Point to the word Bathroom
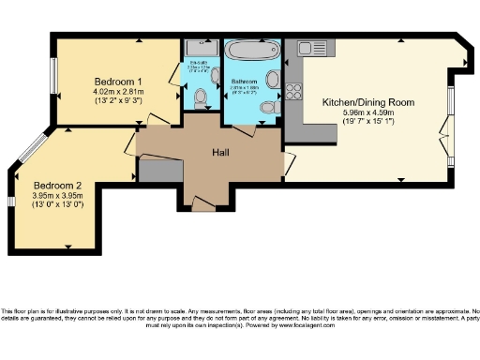pos(247,82)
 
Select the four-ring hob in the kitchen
pos(293,91)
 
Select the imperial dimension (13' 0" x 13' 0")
pos(58,203)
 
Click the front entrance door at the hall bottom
pos(201,200)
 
